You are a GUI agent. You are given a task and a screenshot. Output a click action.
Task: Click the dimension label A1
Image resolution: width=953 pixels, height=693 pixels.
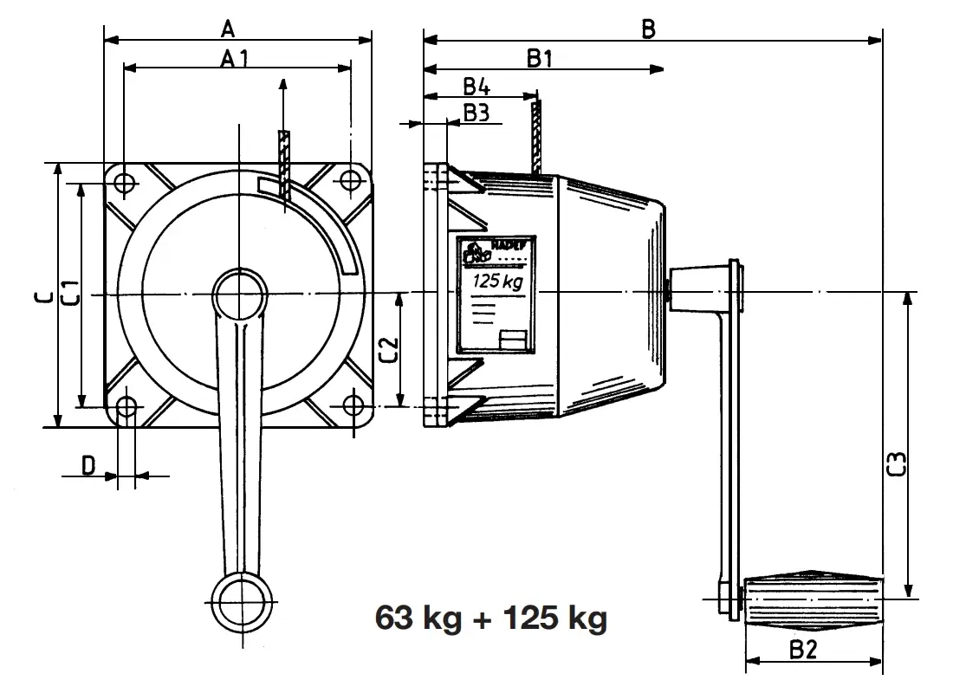235,59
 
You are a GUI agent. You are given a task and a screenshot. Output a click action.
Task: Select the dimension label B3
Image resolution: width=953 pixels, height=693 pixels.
476,112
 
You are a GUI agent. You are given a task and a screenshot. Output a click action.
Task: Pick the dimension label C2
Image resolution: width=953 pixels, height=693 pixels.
389,349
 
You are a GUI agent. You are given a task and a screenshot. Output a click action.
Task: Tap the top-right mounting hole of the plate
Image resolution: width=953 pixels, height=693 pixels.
350,181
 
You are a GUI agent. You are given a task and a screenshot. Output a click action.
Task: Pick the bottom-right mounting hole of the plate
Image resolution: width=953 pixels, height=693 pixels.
352,405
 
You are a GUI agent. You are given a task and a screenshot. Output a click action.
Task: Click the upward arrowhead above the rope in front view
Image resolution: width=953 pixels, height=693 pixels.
283,85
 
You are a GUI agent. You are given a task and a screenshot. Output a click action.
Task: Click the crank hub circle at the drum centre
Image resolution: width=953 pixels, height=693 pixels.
238,295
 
